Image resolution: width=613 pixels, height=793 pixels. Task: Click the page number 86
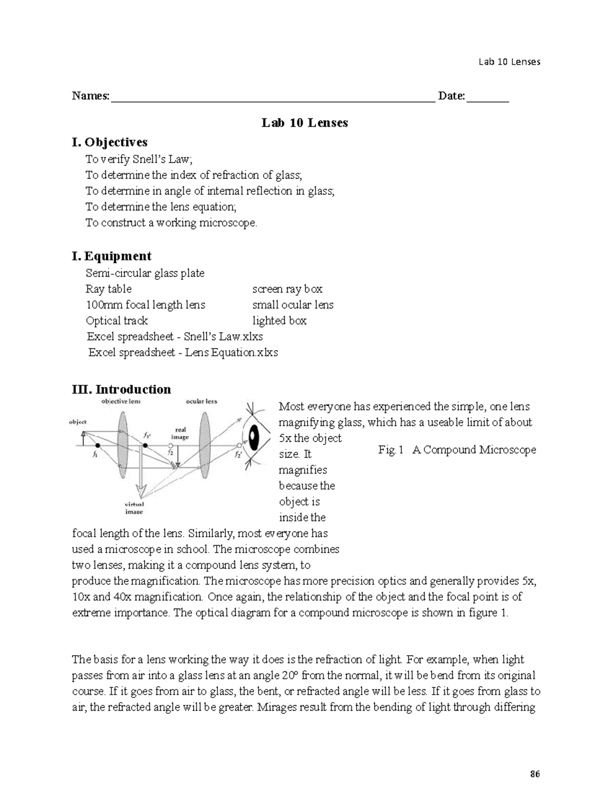pos(535,774)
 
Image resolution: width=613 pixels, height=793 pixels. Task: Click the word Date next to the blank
pos(450,96)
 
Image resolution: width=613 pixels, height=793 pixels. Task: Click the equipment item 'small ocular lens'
pos(293,305)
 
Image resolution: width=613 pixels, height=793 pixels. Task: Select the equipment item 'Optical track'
pos(117,321)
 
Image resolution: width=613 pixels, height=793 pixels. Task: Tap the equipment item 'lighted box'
pos(279,321)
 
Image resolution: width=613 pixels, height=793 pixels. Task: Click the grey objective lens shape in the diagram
pos(123,443)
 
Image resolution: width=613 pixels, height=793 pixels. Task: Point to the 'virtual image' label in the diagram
pos(134,508)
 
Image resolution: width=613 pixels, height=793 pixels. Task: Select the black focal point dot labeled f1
pos(97,446)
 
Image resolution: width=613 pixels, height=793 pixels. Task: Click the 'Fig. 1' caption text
pos(391,450)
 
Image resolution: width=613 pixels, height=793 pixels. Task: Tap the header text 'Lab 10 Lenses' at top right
pos(509,62)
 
